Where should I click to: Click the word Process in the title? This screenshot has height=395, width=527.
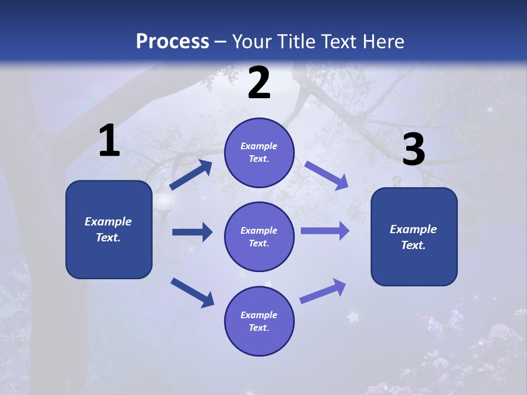[x=172, y=42]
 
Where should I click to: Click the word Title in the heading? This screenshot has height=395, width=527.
[x=294, y=42]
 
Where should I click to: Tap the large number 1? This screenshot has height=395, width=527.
[x=109, y=141]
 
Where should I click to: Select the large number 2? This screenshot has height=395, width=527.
[x=259, y=83]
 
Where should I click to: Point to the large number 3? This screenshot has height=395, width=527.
[x=413, y=150]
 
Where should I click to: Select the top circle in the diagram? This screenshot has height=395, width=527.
[x=259, y=153]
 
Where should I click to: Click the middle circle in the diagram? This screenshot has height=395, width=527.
[x=259, y=236]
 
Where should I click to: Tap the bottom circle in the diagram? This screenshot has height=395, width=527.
[x=259, y=321]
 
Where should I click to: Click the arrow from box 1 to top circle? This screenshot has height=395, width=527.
[x=191, y=175]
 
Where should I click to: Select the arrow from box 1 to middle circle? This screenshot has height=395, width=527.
[x=192, y=232]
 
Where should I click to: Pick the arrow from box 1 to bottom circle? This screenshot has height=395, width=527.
[x=192, y=292]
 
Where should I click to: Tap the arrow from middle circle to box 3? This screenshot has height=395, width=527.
[x=325, y=231]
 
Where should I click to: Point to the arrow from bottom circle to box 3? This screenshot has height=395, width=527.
[x=323, y=291]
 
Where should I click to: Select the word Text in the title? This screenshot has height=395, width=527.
[x=337, y=42]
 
